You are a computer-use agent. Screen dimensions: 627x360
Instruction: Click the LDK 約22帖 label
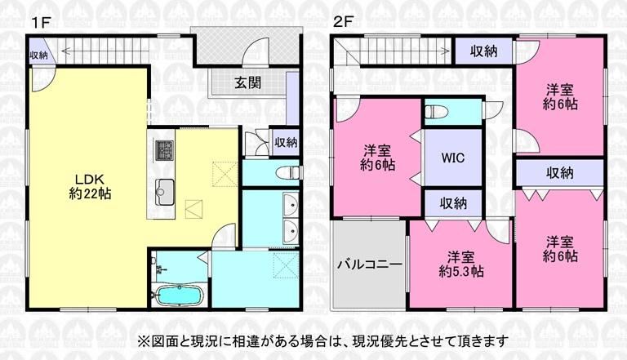[x=90, y=187]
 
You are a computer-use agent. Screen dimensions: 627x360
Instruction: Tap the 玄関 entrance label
[x=247, y=82]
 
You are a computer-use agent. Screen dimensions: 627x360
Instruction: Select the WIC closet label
[x=452, y=158]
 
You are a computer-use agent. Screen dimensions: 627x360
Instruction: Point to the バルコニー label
[x=370, y=264]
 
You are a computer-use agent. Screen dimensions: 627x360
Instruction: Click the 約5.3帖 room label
[x=460, y=272]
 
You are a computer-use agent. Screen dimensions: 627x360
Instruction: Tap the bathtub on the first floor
[x=179, y=296]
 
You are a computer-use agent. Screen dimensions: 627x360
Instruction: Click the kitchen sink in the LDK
[x=165, y=192]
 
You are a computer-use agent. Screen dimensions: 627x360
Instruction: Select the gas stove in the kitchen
[x=165, y=149]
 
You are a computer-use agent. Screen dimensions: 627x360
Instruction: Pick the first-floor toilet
[x=287, y=173]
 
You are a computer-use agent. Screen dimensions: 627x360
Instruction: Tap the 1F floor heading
[x=40, y=22]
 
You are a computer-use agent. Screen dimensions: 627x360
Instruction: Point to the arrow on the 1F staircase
[x=104, y=51]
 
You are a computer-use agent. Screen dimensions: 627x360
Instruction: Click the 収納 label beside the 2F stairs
[x=483, y=51]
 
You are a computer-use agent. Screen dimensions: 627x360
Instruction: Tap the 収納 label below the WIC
[x=453, y=203]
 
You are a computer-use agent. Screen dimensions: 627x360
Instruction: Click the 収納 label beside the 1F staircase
[x=39, y=56]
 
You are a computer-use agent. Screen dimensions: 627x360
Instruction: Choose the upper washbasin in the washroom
[x=291, y=204]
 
